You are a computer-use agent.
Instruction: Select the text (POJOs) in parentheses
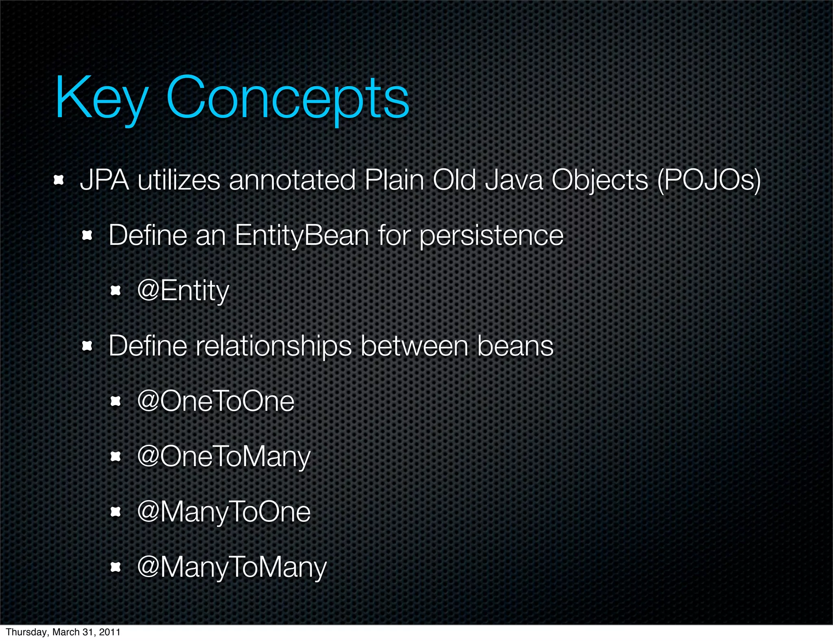[709, 180]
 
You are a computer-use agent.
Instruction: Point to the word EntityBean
[301, 235]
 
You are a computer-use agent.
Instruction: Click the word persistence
[491, 236]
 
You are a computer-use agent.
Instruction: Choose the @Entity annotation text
[183, 291]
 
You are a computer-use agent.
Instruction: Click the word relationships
[273, 347]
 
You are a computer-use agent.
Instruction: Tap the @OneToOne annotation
[216, 401]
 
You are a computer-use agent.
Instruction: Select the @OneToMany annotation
[224, 457]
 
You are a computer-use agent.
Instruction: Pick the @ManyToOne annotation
[224, 512]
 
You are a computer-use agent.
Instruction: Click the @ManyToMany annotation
[232, 567]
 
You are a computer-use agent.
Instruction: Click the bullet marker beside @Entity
[116, 290]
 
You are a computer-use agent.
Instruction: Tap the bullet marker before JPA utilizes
[59, 180]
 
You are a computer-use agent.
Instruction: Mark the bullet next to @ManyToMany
[116, 567]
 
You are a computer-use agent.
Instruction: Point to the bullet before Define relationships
[87, 346]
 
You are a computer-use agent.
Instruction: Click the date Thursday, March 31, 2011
[63, 632]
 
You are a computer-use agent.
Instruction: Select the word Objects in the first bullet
[599, 180]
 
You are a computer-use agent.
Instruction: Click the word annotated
[292, 180]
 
